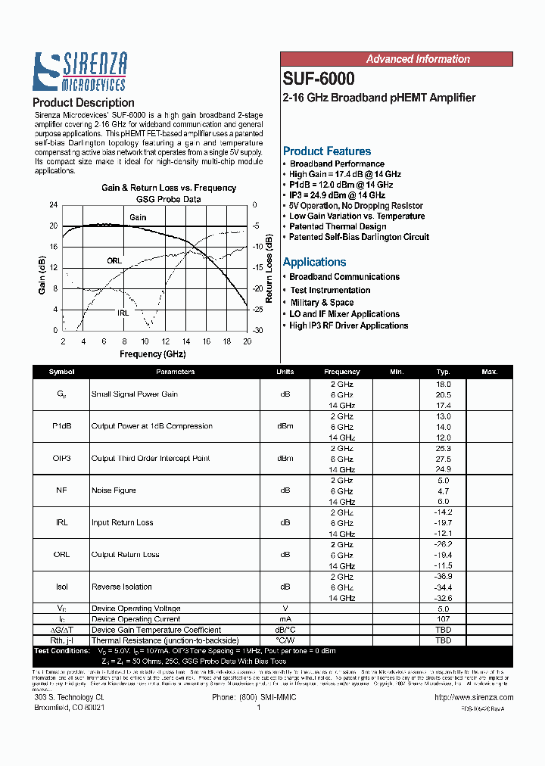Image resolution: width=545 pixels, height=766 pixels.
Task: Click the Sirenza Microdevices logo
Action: tap(79, 72)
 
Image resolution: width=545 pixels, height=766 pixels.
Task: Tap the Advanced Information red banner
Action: tap(418, 59)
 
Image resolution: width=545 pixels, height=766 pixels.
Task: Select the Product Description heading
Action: tap(83, 102)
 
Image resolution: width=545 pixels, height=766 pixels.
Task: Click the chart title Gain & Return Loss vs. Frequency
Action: tap(169, 188)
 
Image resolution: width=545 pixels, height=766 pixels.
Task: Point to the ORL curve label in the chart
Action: tap(114, 260)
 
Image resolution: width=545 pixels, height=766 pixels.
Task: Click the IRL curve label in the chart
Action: tap(123, 313)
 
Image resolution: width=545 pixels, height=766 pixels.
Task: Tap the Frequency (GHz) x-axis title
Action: tap(152, 353)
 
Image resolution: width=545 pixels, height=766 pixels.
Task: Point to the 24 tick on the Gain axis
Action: tap(53, 205)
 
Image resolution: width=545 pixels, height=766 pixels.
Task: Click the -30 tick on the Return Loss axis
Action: tap(257, 331)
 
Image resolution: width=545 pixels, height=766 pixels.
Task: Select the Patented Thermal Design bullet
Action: tap(338, 226)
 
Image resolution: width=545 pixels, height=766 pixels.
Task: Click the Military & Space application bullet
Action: tap(322, 302)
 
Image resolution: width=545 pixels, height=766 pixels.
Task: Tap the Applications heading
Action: tap(314, 262)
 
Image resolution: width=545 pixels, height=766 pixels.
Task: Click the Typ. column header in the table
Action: tap(444, 372)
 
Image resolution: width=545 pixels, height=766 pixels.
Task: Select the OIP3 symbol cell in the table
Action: tap(61, 459)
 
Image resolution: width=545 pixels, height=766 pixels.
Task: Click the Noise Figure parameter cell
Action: tap(114, 490)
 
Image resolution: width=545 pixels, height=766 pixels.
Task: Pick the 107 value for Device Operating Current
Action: tap(444, 619)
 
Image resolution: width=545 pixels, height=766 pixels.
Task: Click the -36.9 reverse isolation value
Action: tap(444, 577)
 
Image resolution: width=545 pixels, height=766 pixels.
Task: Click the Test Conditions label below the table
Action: tap(62, 651)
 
